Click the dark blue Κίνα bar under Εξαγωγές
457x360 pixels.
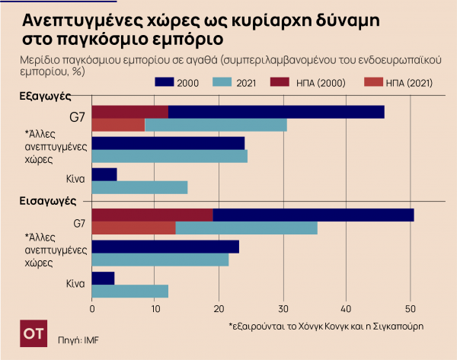click(x=104, y=174)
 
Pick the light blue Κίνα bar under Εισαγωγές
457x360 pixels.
click(x=129, y=291)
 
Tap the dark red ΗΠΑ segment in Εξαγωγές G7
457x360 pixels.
click(x=129, y=112)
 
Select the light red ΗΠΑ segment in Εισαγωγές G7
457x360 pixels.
click(x=133, y=228)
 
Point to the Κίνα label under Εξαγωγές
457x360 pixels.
click(x=72, y=181)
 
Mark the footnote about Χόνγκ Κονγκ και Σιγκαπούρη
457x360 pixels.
click(x=325, y=326)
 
